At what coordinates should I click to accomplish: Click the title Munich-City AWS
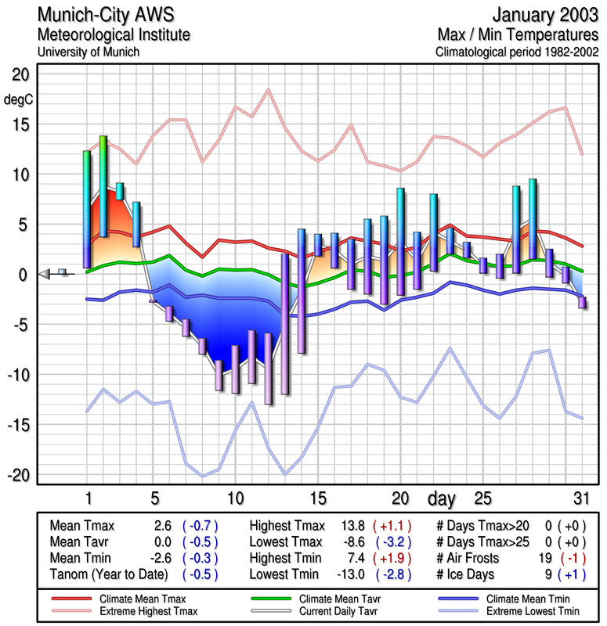point(107,16)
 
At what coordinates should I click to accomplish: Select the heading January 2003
point(544,16)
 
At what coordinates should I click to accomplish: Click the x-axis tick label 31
point(580,498)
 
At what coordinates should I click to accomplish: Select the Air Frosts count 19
point(546,558)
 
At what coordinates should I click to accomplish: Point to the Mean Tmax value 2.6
point(163,526)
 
